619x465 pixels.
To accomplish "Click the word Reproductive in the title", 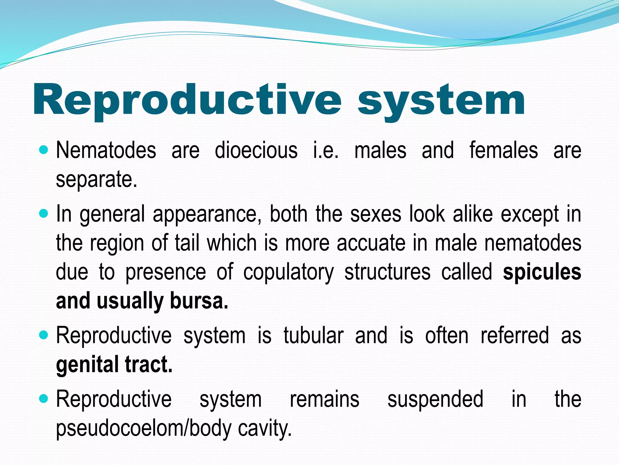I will (187, 100).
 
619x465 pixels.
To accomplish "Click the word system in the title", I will (441, 101).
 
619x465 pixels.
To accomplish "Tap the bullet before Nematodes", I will (44, 150).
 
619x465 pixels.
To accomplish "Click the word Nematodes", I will (106, 150).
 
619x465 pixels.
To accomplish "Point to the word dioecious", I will (256, 150).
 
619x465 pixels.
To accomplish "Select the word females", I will (504, 150).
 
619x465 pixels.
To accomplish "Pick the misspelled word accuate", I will (371, 243).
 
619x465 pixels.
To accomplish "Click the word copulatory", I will (289, 272).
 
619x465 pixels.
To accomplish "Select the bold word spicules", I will (542, 272).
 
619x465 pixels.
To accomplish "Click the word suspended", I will (435, 399).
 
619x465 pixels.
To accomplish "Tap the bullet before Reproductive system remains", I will (44, 399).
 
